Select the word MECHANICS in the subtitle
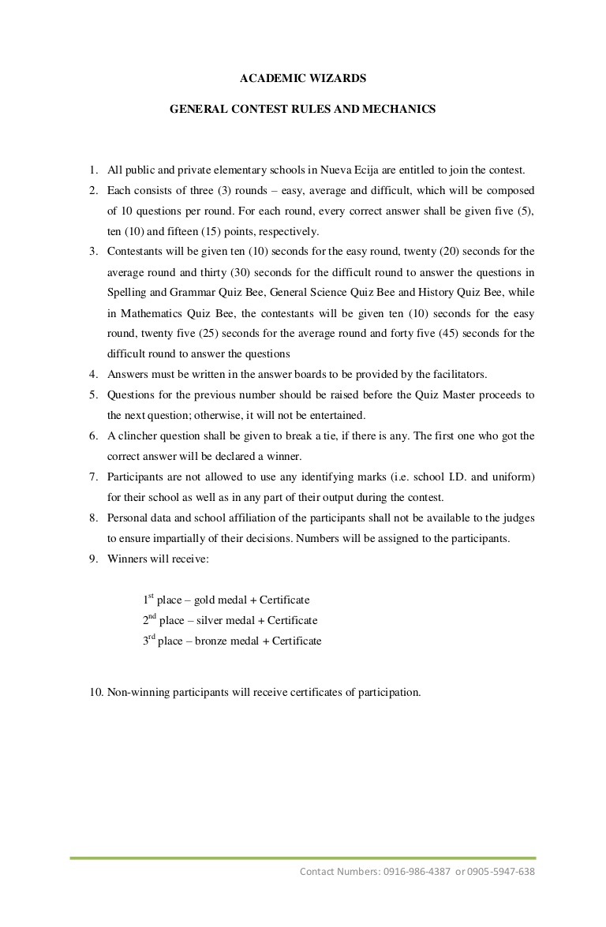(398, 110)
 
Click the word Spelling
(127, 293)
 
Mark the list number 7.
(92, 477)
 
